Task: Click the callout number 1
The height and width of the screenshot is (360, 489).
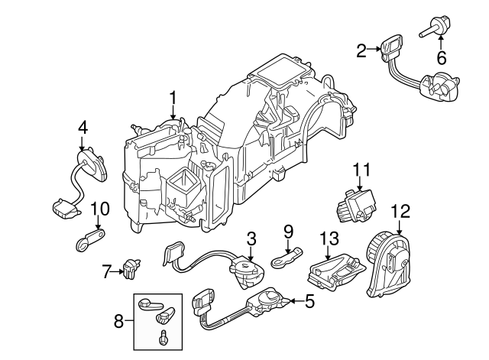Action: point(173,98)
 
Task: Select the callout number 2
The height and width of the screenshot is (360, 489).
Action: point(361,50)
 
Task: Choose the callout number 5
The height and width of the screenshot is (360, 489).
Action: point(309,301)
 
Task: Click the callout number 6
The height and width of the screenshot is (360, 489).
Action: point(441,58)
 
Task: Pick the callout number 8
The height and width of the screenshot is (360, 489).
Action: point(119,322)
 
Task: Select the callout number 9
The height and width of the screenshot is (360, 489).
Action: point(288,229)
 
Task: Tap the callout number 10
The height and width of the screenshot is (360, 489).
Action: point(100,208)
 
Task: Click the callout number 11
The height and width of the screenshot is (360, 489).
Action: point(361,169)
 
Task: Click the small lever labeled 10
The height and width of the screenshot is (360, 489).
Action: point(87,240)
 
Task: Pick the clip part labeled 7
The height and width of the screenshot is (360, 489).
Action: point(133,268)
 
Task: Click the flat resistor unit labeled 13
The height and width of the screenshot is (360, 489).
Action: point(333,270)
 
